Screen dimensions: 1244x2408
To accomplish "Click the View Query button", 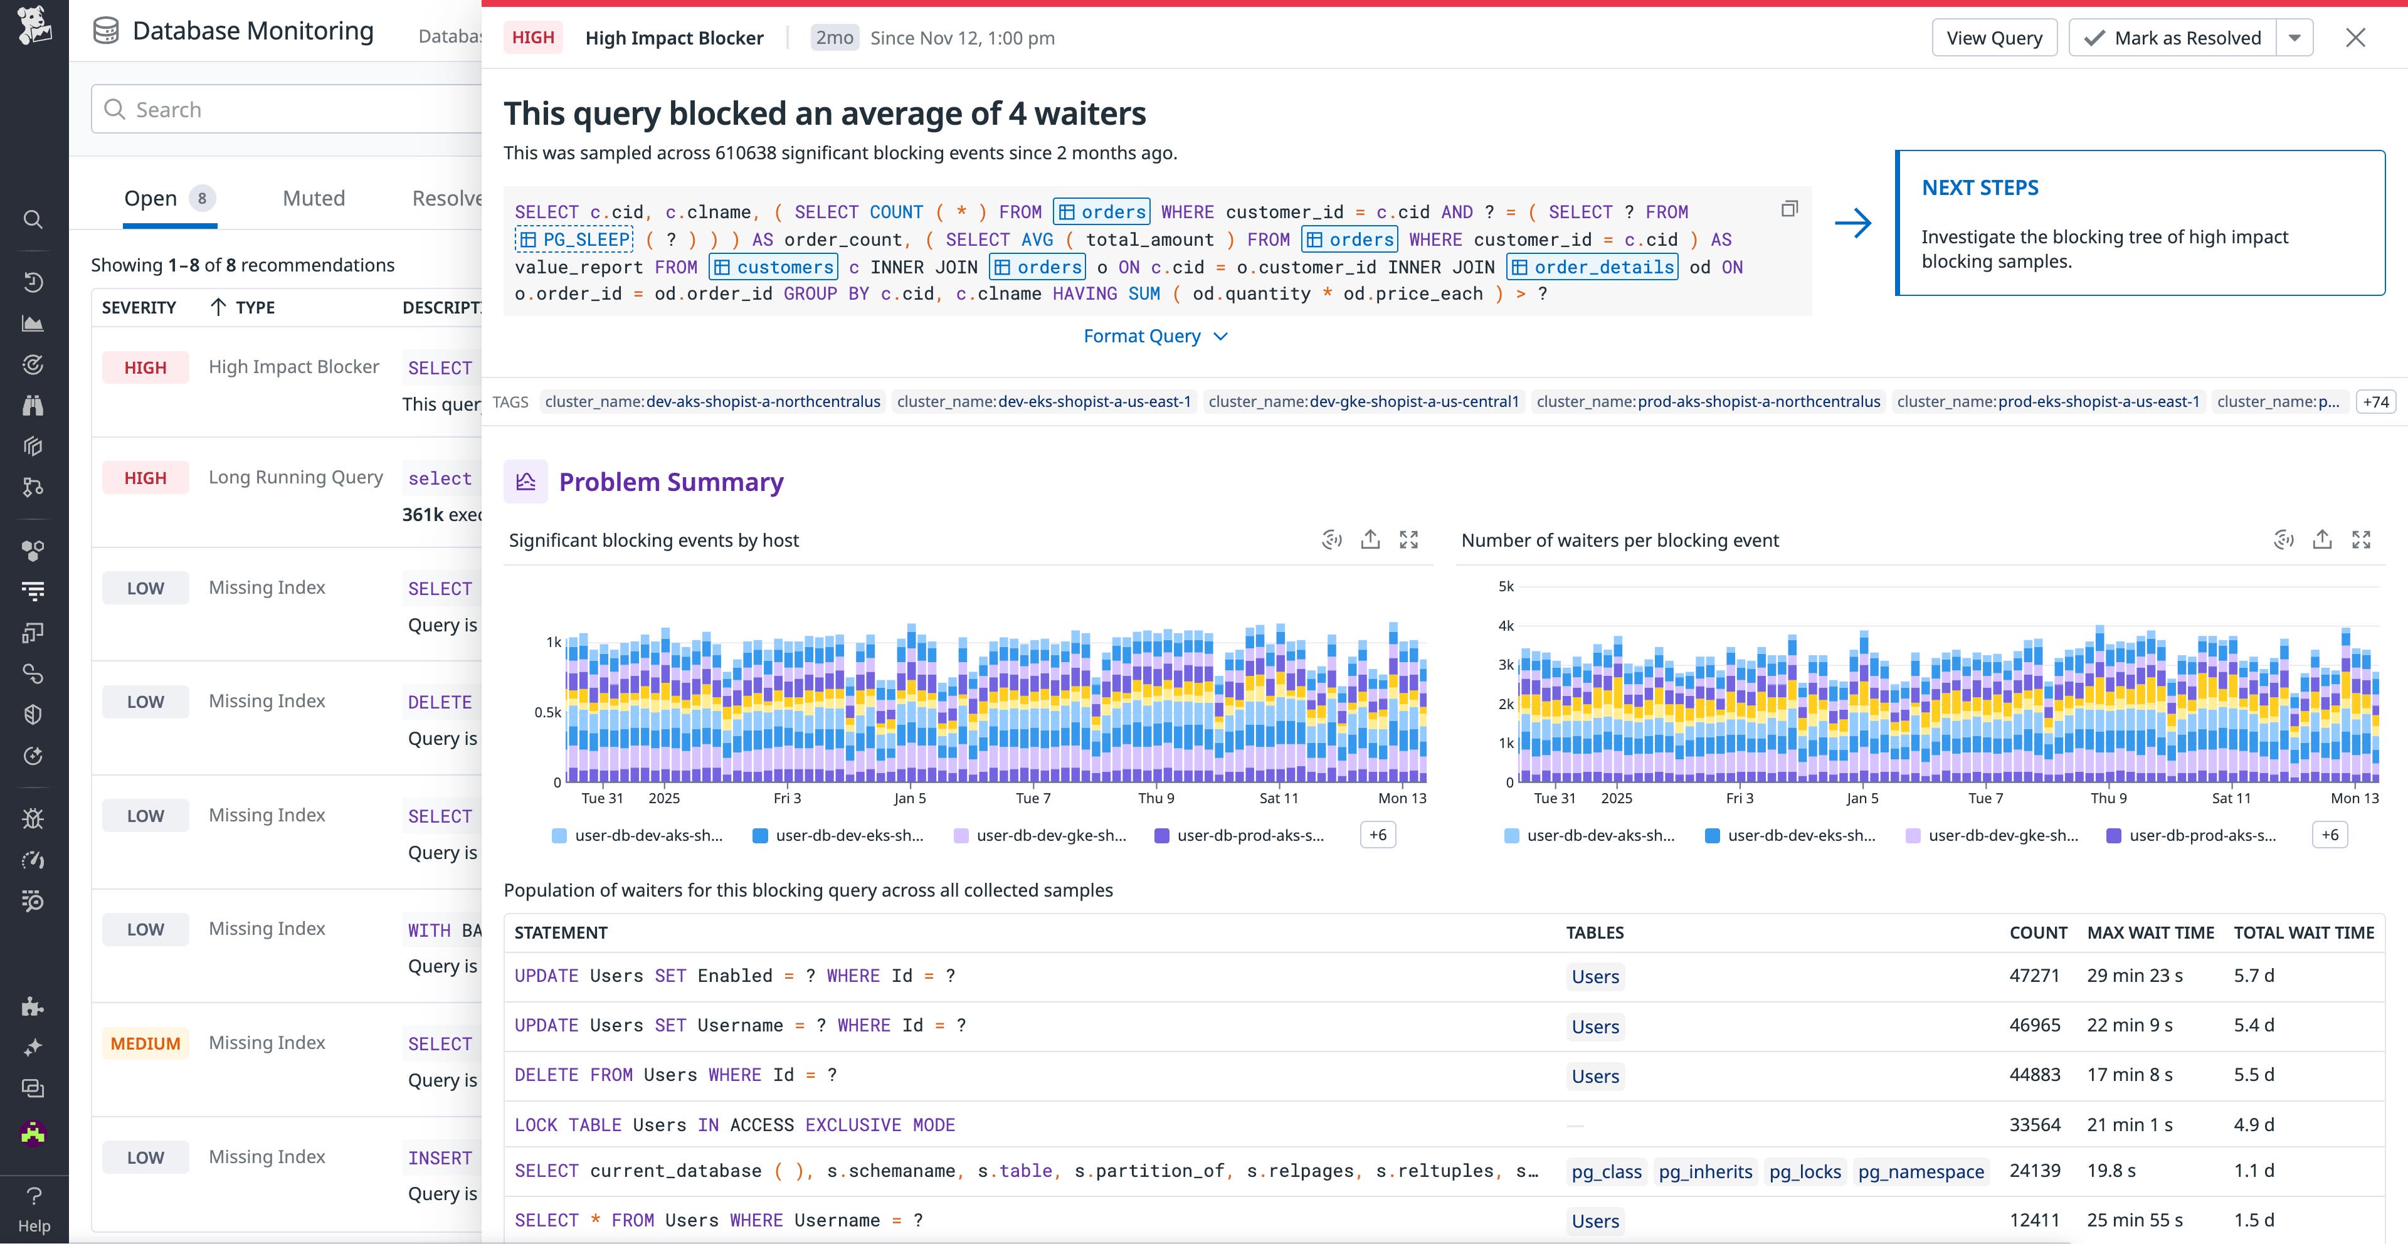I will (1994, 38).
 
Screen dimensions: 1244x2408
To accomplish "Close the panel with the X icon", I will (2355, 38).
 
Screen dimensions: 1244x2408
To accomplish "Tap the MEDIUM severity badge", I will (145, 1043).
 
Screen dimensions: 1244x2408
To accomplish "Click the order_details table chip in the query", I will (1592, 267).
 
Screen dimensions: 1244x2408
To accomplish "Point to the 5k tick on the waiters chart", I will (1505, 587).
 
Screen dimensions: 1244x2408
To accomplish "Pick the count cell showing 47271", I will (2034, 976).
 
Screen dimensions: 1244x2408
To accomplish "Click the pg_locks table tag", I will (1804, 1172).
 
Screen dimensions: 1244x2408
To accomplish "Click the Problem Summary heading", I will (670, 482).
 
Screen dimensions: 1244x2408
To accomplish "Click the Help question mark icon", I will (34, 1196).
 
